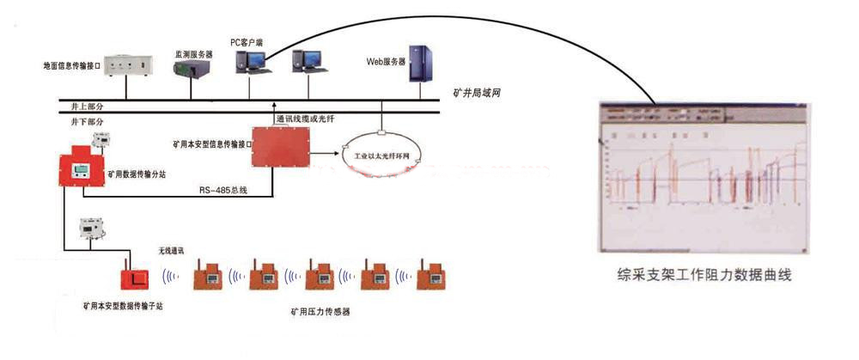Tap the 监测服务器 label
(x=193, y=53)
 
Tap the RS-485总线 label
(x=223, y=190)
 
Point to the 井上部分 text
(x=87, y=105)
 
